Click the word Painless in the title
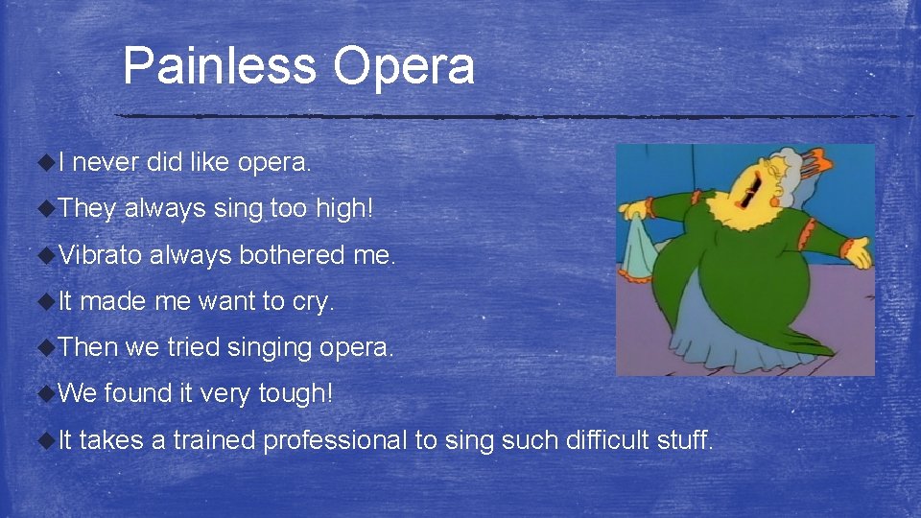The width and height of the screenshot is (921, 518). (x=220, y=66)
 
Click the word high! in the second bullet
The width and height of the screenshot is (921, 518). (x=344, y=209)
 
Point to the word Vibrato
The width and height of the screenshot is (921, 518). (x=100, y=255)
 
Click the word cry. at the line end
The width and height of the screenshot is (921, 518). (x=312, y=301)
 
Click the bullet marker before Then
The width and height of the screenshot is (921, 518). (x=44, y=347)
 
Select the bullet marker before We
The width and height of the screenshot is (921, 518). (x=44, y=393)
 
